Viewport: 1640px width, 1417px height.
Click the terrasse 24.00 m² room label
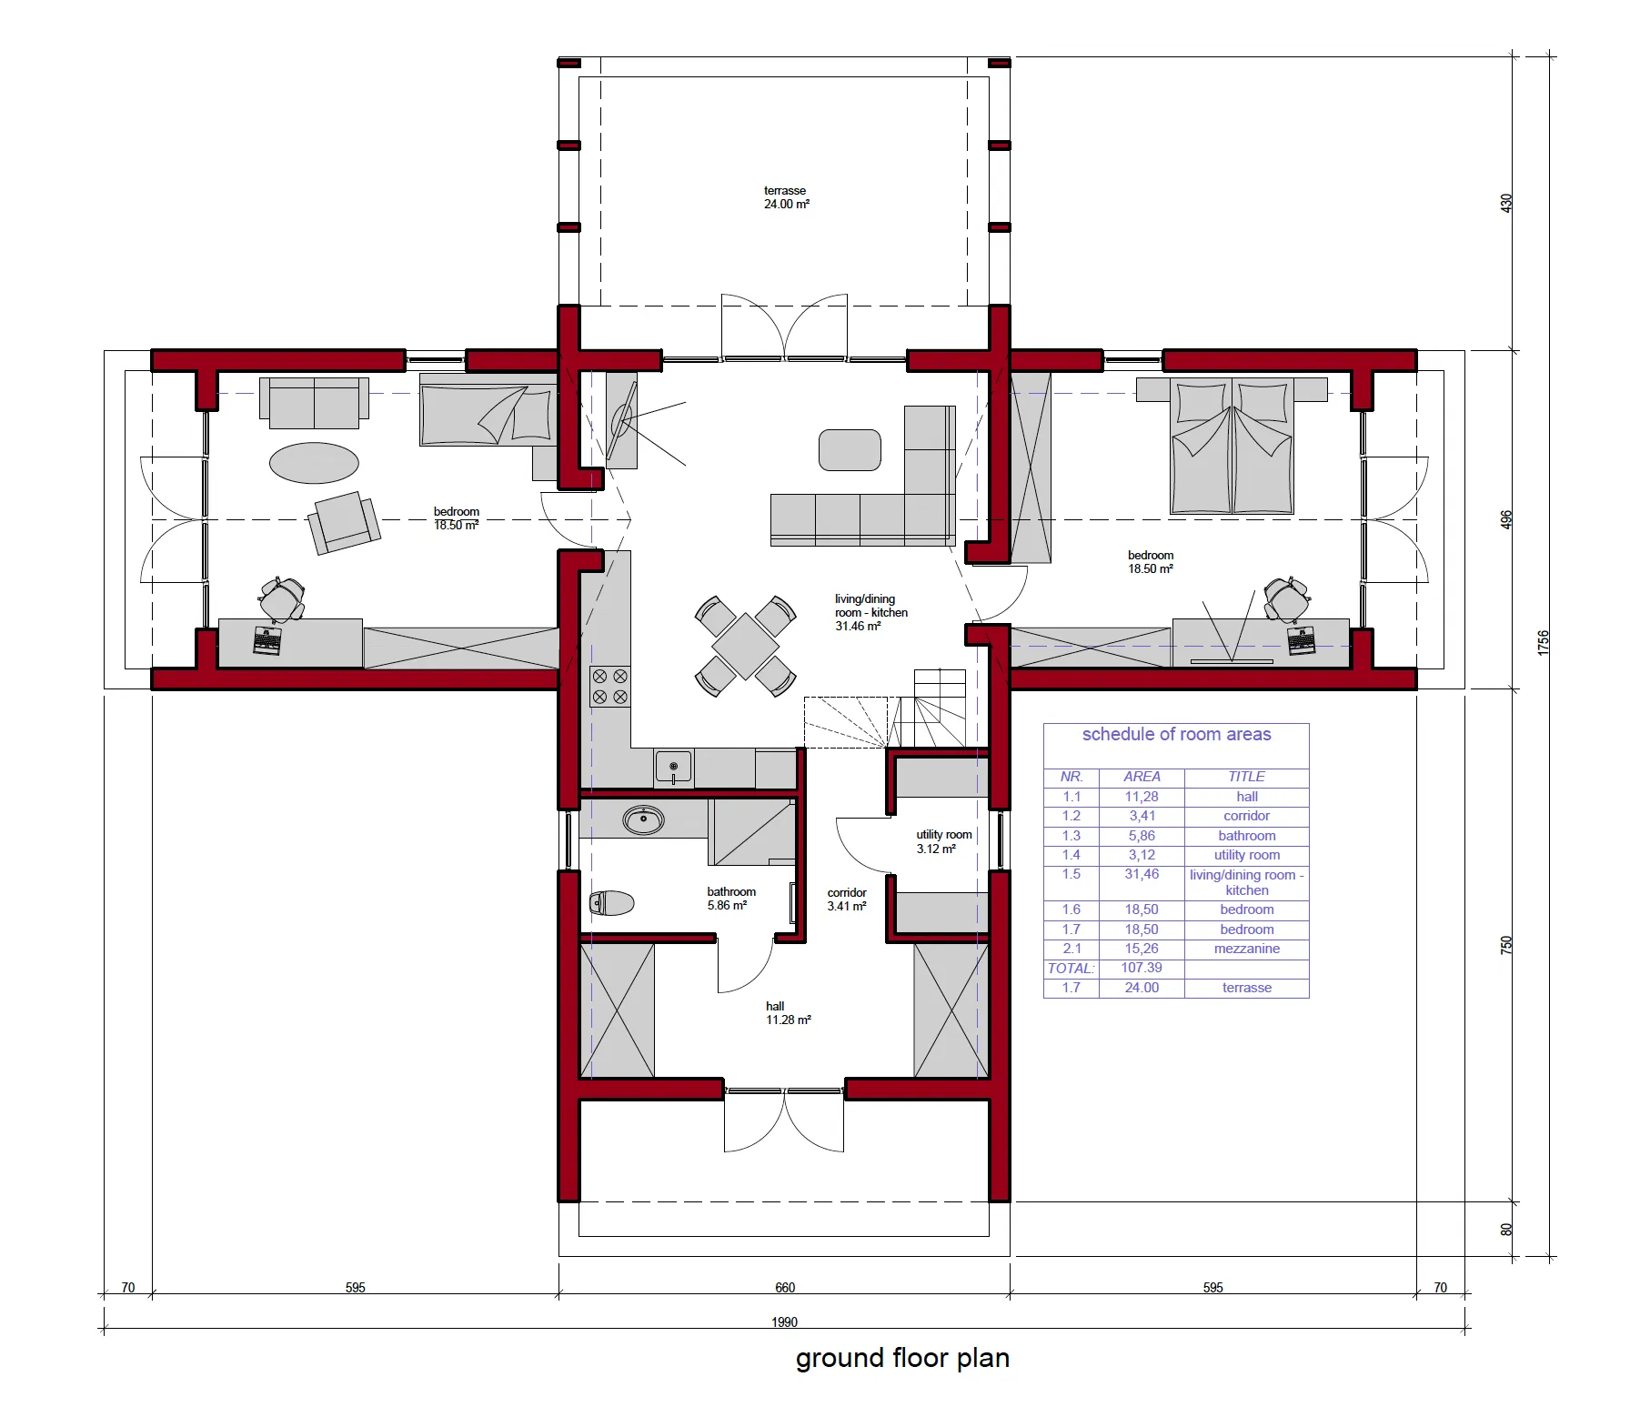[786, 197]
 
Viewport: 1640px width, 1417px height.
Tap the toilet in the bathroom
[611, 903]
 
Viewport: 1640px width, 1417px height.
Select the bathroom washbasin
[643, 819]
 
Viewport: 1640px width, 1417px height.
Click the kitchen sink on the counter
[673, 767]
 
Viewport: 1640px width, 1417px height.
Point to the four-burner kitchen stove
[609, 687]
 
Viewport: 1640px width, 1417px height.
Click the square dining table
[745, 647]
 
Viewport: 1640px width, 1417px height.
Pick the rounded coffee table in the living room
[850, 450]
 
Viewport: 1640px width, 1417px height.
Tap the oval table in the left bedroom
[314, 462]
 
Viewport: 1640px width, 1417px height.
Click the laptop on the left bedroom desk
[267, 640]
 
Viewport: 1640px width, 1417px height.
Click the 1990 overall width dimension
[785, 1322]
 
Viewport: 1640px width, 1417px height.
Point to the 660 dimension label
[785, 1287]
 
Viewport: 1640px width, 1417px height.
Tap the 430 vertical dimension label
[1506, 203]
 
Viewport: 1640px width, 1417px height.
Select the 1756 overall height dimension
[1543, 642]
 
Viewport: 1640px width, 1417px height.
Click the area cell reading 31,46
[1142, 874]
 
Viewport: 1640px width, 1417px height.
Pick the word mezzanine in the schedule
[1246, 949]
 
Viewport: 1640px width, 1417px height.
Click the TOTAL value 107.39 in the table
[1142, 968]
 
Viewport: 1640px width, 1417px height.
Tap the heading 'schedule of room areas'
[1176, 734]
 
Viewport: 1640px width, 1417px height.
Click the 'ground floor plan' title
[902, 1358]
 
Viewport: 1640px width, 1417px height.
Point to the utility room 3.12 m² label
[944, 841]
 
